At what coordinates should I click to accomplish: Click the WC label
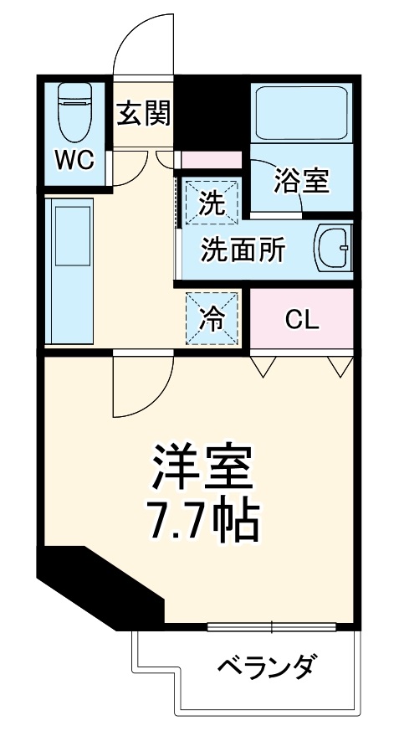coord(75,160)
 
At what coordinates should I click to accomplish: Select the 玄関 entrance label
coord(143,113)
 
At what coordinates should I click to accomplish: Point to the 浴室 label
coord(302,180)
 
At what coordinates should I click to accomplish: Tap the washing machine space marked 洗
coord(211,202)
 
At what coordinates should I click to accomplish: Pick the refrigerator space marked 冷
coord(212,316)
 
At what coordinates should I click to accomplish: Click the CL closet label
coord(301,319)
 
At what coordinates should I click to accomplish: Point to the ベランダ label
coord(267,667)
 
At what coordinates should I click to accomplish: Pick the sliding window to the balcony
coord(272,626)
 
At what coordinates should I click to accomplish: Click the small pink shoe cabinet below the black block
coord(211,160)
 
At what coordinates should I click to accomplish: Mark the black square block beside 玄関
coord(212,113)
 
